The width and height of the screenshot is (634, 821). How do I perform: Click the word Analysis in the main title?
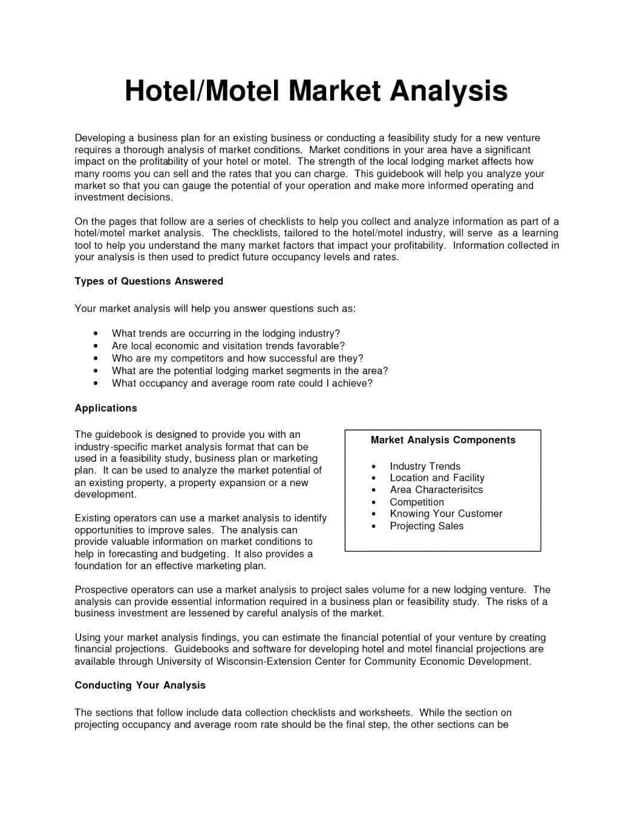448,91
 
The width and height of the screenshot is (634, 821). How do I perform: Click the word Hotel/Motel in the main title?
202,91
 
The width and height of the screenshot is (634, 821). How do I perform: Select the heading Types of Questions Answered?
149,281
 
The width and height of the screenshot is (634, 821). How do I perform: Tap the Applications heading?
106,408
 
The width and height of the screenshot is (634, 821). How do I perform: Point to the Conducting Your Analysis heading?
140,685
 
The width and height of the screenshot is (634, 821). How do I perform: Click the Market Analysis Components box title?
443,440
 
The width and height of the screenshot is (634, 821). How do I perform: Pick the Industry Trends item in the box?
425,466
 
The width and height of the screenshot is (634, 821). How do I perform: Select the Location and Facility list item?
437,478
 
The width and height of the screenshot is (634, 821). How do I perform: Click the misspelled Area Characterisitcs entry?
436,490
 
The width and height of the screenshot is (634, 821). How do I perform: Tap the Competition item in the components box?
417,502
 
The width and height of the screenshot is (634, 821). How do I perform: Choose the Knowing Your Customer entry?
446,513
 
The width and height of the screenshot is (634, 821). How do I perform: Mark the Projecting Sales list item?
426,526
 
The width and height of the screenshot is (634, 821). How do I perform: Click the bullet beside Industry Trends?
374,467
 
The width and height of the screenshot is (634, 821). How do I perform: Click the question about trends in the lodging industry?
226,334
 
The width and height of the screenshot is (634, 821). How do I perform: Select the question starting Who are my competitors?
237,358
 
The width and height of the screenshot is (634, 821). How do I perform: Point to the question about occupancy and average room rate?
242,383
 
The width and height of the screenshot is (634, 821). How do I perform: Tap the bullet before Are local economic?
96,346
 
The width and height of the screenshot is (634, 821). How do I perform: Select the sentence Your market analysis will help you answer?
215,309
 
